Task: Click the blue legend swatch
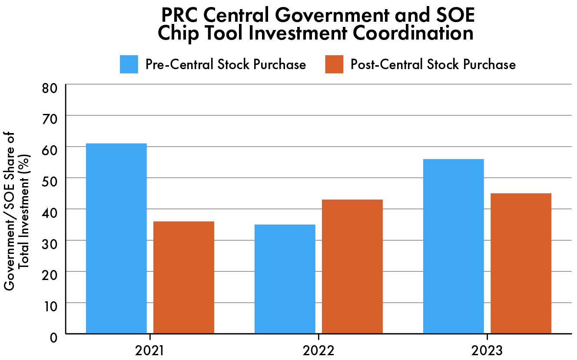pyautogui.click(x=129, y=64)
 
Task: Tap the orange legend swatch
pyautogui.click(x=334, y=64)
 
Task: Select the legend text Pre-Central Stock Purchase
pyautogui.click(x=225, y=64)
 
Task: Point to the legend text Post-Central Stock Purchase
pyautogui.click(x=433, y=64)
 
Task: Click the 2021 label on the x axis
pyautogui.click(x=150, y=350)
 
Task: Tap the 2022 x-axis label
pyautogui.click(x=318, y=350)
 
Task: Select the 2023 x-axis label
pyautogui.click(x=487, y=350)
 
